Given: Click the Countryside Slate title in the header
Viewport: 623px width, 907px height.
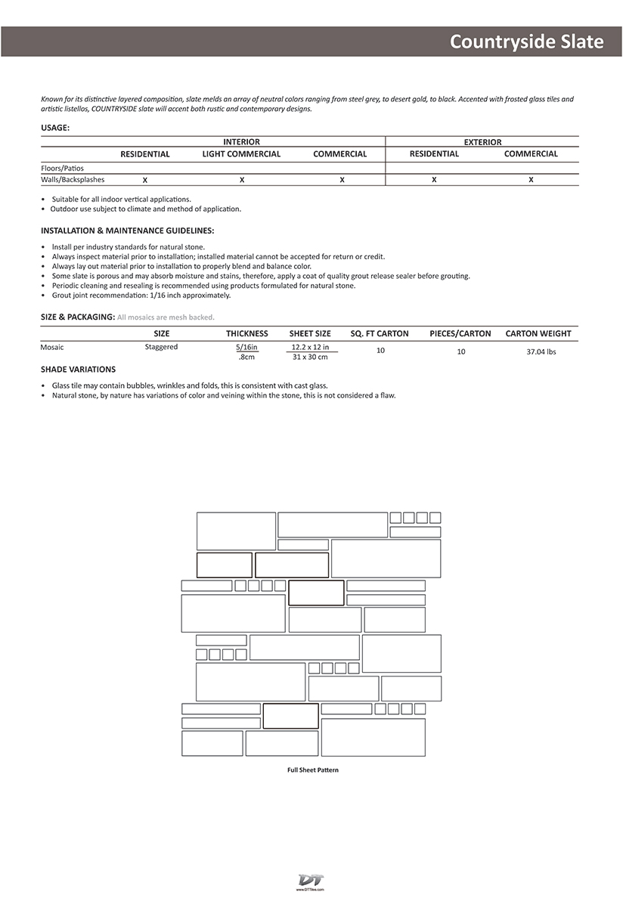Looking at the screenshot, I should [526, 42].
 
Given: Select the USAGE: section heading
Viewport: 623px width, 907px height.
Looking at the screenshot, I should [55, 128].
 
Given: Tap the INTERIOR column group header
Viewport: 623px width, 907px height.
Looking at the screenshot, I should [241, 142].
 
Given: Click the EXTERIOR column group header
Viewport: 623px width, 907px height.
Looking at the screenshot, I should [482, 142].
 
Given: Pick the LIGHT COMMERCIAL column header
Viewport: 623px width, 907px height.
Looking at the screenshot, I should [241, 154].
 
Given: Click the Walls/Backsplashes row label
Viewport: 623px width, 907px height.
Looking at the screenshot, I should [73, 180].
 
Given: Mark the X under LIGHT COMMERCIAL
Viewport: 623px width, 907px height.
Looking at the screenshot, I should [242, 180].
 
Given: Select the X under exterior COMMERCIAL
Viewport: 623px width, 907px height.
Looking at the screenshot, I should [531, 180].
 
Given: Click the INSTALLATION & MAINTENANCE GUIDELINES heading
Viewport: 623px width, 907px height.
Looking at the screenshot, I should [127, 230].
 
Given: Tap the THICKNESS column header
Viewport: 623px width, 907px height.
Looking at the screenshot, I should [246, 333].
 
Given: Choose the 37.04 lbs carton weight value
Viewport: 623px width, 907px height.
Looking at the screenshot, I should [541, 351].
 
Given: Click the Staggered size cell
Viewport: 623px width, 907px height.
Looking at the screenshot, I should [161, 347].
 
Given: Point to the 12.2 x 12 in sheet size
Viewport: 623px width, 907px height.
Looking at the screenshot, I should [310, 347].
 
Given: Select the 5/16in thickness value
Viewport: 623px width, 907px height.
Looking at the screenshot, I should [246, 347].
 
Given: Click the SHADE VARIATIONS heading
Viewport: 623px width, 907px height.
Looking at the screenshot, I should [78, 370].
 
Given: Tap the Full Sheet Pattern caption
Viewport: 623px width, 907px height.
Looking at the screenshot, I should [312, 770].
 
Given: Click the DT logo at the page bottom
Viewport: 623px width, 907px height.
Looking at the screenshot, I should [311, 881].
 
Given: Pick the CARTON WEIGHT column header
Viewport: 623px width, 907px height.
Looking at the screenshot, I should [538, 333].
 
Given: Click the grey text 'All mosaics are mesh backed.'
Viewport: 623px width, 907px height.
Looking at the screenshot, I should [166, 317].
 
